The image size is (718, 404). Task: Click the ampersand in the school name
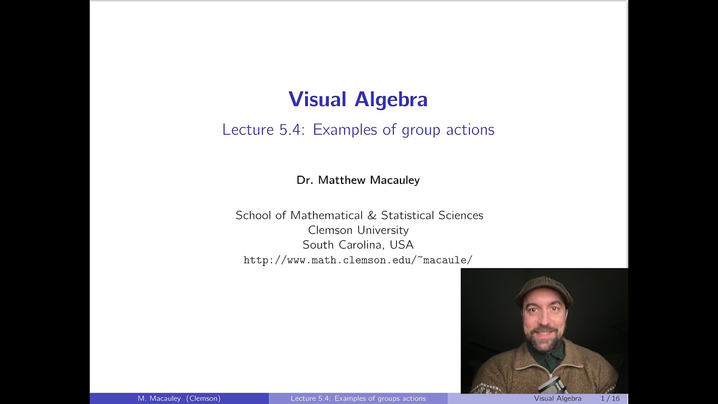[372, 215]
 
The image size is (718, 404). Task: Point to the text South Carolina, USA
[358, 245]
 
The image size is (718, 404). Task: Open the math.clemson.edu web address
[358, 260]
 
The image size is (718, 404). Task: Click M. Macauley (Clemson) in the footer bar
[179, 398]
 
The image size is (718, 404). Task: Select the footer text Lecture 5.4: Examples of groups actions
[358, 398]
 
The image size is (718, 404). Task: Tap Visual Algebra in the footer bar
[558, 398]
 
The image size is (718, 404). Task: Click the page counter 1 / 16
[610, 398]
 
